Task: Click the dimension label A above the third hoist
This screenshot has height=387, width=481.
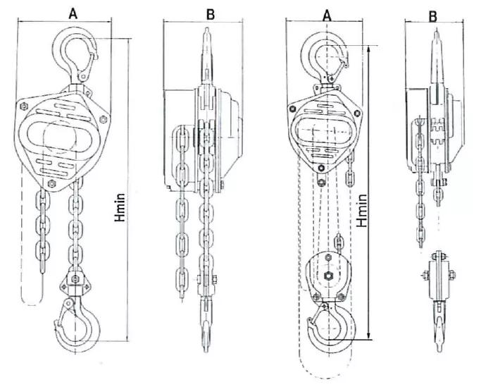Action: click(x=325, y=13)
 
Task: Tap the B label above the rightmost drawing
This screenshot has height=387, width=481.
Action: click(x=432, y=14)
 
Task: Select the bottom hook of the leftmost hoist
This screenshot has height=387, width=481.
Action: click(x=76, y=325)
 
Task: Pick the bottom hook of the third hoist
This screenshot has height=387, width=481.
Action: click(x=325, y=326)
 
